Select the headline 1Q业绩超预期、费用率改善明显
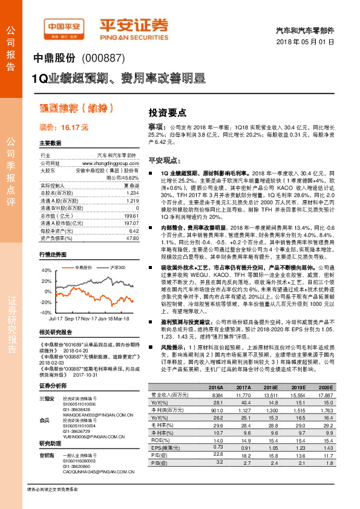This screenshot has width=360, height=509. [x=119, y=79]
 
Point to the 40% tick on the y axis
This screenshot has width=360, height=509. [x=47, y=271]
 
